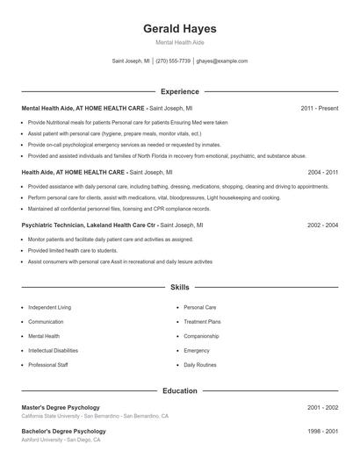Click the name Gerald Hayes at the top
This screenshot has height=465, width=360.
click(x=179, y=29)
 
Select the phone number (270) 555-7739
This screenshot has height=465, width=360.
click(x=173, y=61)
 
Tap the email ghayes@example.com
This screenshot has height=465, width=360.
click(x=222, y=61)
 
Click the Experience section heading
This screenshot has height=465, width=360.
click(x=179, y=91)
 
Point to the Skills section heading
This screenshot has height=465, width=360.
click(x=179, y=287)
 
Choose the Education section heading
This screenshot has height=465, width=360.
click(x=179, y=390)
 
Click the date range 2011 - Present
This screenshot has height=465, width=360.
click(x=319, y=108)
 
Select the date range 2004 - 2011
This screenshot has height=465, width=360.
click(x=322, y=173)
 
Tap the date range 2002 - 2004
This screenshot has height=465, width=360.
click(x=322, y=225)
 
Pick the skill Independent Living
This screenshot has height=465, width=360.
click(x=49, y=308)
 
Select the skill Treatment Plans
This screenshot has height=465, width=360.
click(x=202, y=322)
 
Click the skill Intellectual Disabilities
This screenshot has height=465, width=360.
click(x=59, y=350)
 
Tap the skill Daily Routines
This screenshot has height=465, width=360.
click(x=200, y=364)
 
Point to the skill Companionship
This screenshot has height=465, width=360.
click(x=201, y=336)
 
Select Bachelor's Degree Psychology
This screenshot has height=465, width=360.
click(x=63, y=431)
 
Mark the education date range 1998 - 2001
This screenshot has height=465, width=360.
click(x=322, y=431)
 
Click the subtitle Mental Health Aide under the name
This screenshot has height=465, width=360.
click(x=179, y=43)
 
